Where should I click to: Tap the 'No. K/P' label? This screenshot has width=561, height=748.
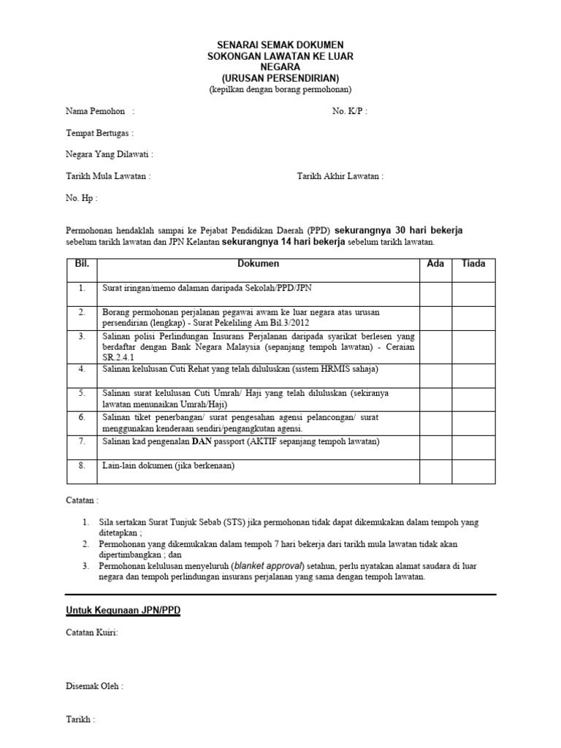pyautogui.click(x=348, y=112)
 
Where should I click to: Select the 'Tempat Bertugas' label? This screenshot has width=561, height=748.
pyautogui.click(x=99, y=134)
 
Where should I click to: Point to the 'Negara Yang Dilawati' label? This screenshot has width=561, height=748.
pyautogui.click(x=109, y=155)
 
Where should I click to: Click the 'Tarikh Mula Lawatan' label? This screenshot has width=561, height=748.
pyautogui.click(x=107, y=177)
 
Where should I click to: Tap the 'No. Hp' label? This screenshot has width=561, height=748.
pyautogui.click(x=81, y=198)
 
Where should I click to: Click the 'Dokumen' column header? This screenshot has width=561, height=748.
pyautogui.click(x=259, y=264)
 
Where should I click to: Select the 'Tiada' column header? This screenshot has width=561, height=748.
pyautogui.click(x=473, y=264)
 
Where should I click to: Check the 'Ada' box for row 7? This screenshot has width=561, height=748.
pyautogui.click(x=435, y=445)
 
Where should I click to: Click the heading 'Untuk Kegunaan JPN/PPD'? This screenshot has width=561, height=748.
pyautogui.click(x=123, y=610)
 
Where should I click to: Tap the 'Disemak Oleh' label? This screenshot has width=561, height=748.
pyautogui.click(x=94, y=686)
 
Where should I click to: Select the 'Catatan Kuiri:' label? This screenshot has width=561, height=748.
pyautogui.click(x=92, y=633)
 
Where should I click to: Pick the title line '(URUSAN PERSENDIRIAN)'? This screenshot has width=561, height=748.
pyautogui.click(x=280, y=78)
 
